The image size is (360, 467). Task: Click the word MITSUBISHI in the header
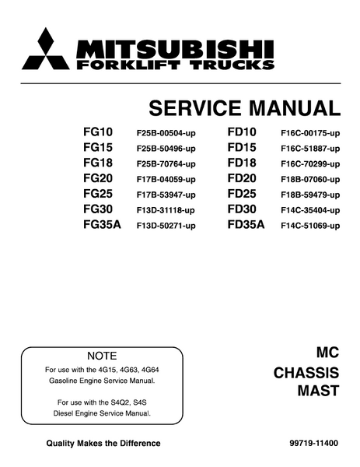(x=175, y=50)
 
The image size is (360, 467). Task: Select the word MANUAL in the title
(x=295, y=108)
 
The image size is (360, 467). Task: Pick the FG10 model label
(x=98, y=132)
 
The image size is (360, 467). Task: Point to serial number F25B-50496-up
(x=166, y=149)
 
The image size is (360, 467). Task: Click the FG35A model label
(x=102, y=225)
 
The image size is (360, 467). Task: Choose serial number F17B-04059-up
(x=166, y=179)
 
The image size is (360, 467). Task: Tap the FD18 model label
(x=242, y=163)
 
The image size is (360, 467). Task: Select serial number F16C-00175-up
(x=310, y=133)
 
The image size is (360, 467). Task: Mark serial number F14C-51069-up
(x=310, y=226)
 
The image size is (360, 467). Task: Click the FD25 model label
(x=242, y=194)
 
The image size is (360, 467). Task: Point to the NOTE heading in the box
(x=102, y=356)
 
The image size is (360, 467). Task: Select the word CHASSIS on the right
(x=306, y=373)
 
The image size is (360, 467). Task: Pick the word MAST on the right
(x=318, y=391)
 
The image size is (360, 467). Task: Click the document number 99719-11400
(x=313, y=444)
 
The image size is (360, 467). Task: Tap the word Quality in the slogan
(x=61, y=444)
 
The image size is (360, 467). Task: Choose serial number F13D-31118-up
(x=166, y=210)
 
